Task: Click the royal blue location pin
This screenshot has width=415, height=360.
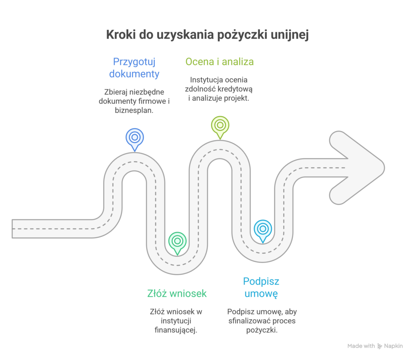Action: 135,138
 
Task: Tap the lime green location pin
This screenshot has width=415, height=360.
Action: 220,126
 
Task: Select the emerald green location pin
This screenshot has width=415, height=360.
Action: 177,242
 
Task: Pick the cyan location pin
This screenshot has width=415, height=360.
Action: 263,230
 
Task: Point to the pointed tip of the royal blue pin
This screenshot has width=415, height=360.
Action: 135,150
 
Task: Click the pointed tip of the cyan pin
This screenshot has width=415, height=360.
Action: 263,242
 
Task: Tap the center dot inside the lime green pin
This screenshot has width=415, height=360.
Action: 220,124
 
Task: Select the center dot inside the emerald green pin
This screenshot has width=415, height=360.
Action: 177,241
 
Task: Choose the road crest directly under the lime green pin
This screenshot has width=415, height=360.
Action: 220,149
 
